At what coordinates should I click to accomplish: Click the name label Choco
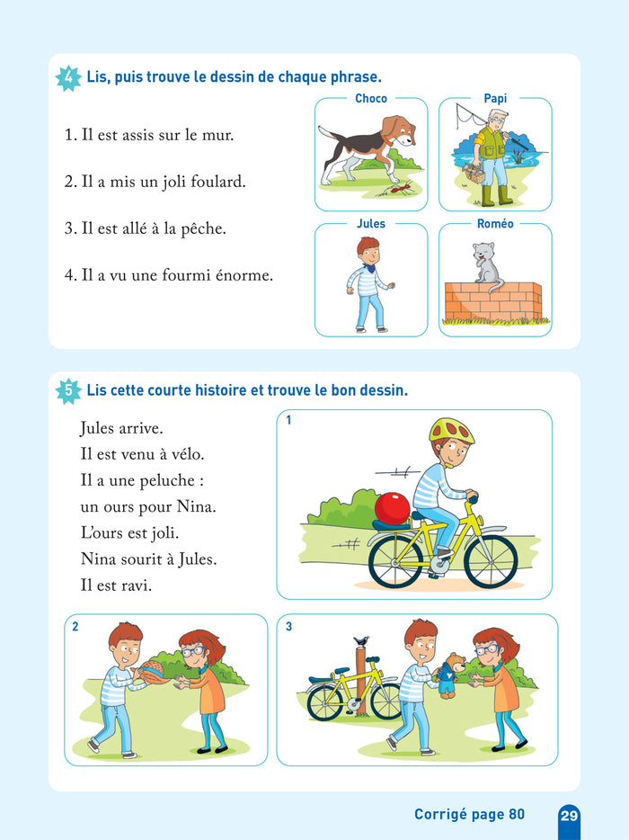pos(371,99)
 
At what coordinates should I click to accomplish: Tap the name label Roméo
pos(495,224)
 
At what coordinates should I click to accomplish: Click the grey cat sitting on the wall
pos(485,267)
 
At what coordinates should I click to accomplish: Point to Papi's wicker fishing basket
pos(474,173)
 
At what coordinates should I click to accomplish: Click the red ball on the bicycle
pos(393,508)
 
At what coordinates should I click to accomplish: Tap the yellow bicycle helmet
pos(452,432)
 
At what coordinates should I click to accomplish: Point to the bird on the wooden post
pos(362,640)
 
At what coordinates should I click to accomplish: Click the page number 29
pos(569,816)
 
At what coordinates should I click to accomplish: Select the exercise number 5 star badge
pos(68,390)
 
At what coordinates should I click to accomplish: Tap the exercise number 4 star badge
pos(68,77)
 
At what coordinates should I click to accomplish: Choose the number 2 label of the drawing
pos(75,626)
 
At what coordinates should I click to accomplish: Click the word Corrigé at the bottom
pos(441,815)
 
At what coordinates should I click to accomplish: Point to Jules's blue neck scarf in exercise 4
pos(370,266)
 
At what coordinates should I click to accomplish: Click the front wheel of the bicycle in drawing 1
pos(491,561)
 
